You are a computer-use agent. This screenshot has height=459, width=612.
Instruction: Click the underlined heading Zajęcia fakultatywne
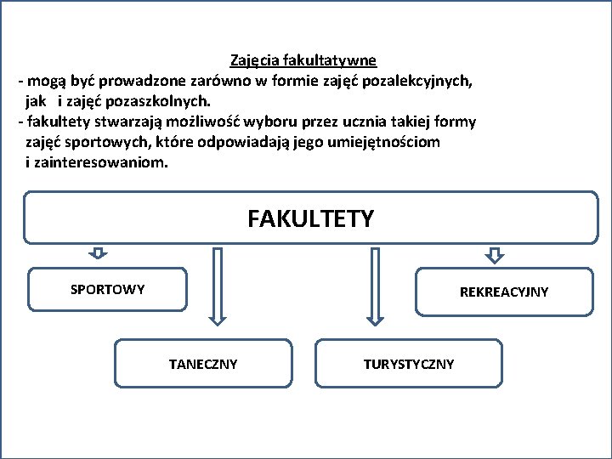tap(303, 61)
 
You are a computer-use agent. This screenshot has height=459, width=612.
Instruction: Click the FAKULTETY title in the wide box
tap(310, 219)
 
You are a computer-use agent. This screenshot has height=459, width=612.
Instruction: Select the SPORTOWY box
tap(108, 290)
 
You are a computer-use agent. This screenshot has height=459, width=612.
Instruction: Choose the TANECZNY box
tap(203, 364)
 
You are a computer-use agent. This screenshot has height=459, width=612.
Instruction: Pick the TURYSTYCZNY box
tap(409, 364)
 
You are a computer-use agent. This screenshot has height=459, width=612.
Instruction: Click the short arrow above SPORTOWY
tap(98, 252)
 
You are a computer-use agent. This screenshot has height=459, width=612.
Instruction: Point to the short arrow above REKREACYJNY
tap(495, 253)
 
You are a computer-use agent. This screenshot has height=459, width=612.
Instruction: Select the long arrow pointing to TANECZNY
tap(217, 286)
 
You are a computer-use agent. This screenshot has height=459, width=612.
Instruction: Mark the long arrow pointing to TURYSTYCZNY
tap(372, 286)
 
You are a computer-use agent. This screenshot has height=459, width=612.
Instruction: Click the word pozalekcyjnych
tap(422, 82)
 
